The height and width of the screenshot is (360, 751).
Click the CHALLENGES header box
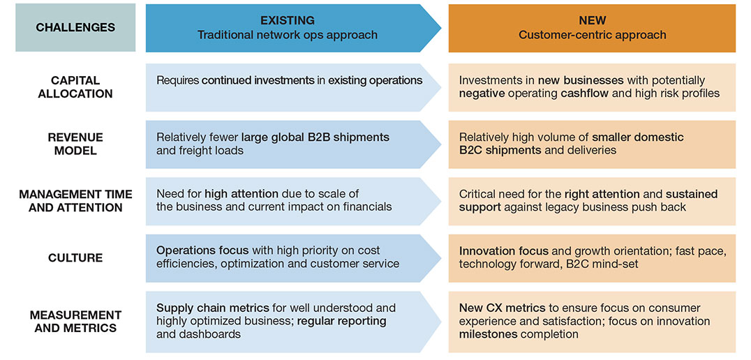(x=75, y=28)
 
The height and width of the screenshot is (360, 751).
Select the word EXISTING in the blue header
(x=287, y=21)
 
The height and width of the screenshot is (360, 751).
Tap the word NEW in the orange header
(x=592, y=21)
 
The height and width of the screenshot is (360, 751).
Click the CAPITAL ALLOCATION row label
(x=75, y=87)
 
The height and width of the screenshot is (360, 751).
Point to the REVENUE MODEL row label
(x=75, y=144)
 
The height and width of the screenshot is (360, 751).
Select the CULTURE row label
(x=75, y=258)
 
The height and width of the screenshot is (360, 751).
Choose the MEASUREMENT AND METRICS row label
(x=75, y=321)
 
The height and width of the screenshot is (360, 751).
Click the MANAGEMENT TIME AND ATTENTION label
(x=75, y=200)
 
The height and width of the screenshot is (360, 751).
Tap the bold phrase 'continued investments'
(x=258, y=80)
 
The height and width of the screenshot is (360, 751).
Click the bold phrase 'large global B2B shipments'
(x=315, y=137)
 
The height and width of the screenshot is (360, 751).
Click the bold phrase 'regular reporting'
(x=342, y=321)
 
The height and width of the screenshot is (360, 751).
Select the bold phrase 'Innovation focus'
(x=503, y=250)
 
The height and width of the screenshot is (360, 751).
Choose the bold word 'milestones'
(x=489, y=334)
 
